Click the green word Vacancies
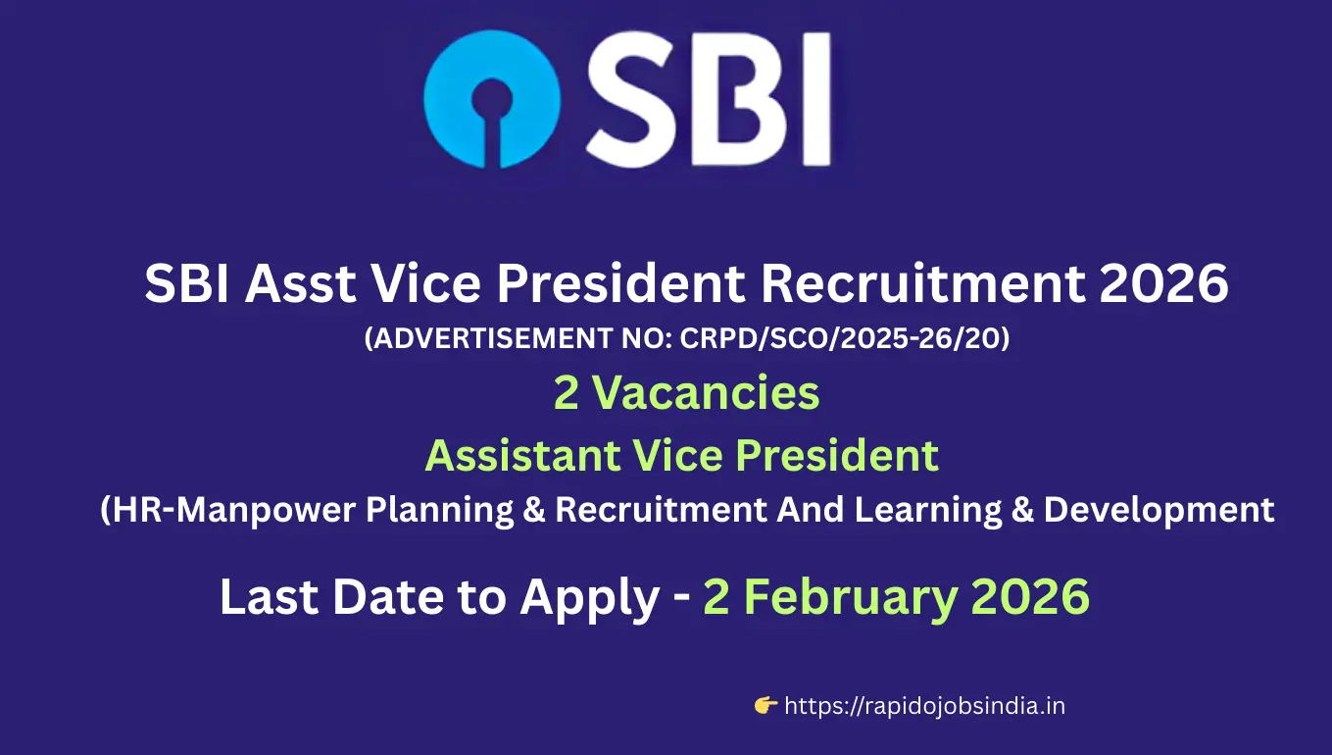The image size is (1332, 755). [x=706, y=393]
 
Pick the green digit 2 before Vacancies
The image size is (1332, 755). [x=567, y=393]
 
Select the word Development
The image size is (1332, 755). [x=1159, y=510]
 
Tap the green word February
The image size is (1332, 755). [x=842, y=598]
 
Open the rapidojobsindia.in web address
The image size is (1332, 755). [x=925, y=706]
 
